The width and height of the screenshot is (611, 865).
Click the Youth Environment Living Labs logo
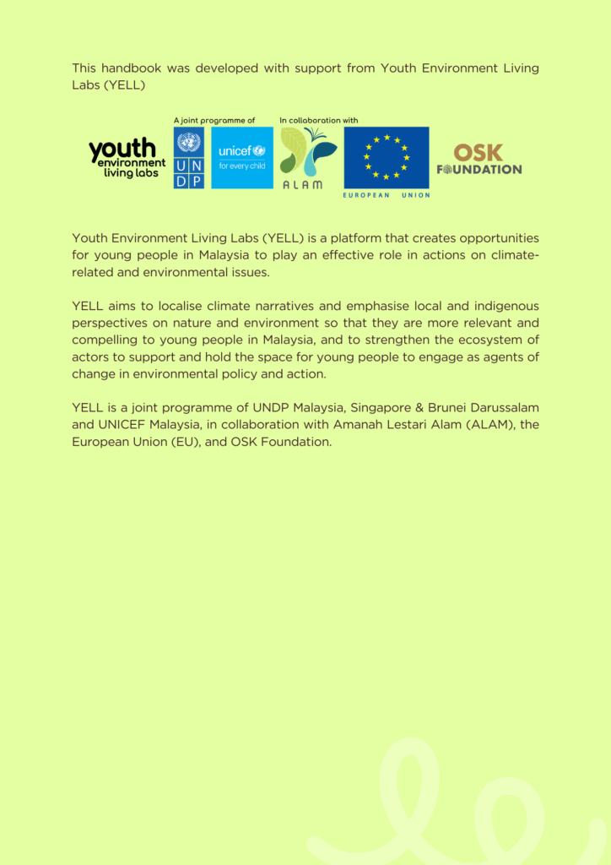127,158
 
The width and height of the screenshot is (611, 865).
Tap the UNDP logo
189,158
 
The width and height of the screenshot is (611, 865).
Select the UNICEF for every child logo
242,158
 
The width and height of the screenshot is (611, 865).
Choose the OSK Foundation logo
479,159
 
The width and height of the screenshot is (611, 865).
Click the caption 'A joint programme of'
214,121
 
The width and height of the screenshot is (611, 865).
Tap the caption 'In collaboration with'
319,121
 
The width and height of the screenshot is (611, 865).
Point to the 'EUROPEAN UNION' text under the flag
387,195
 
